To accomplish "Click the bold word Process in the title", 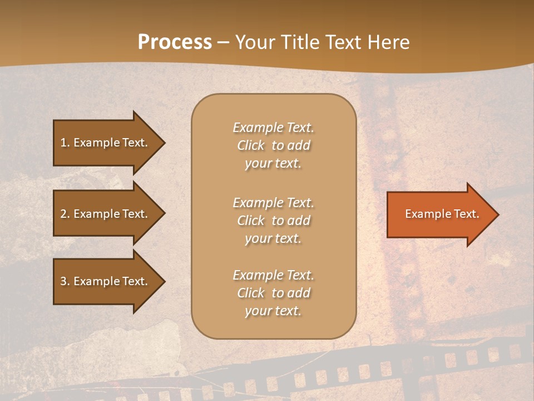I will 175,42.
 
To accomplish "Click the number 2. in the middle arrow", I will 65,214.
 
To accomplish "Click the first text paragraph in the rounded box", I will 274,145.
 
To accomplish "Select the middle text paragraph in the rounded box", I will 274,221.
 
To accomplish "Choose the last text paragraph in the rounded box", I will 274,293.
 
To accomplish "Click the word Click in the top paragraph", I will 251,145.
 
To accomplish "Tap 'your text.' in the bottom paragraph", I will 273,311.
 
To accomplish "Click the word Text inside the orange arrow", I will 467,214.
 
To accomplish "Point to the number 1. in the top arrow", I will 65,143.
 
